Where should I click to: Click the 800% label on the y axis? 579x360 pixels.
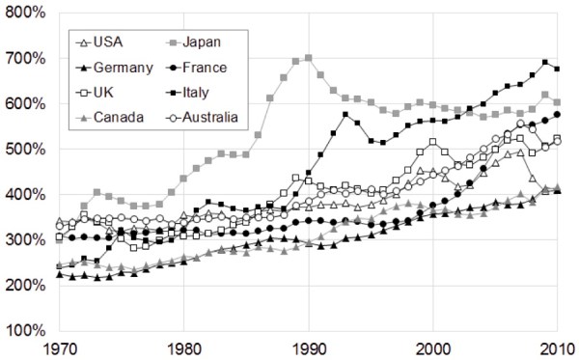click(24, 13)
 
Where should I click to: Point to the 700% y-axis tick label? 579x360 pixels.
click(24, 58)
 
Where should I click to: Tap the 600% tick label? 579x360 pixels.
click(24, 103)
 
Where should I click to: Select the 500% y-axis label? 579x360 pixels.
click(24, 150)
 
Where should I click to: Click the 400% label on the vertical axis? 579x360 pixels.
click(24, 195)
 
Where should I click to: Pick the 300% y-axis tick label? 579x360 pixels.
click(24, 240)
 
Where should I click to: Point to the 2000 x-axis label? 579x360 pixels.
click(433, 348)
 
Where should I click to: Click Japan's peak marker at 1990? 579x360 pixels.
click(309, 58)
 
